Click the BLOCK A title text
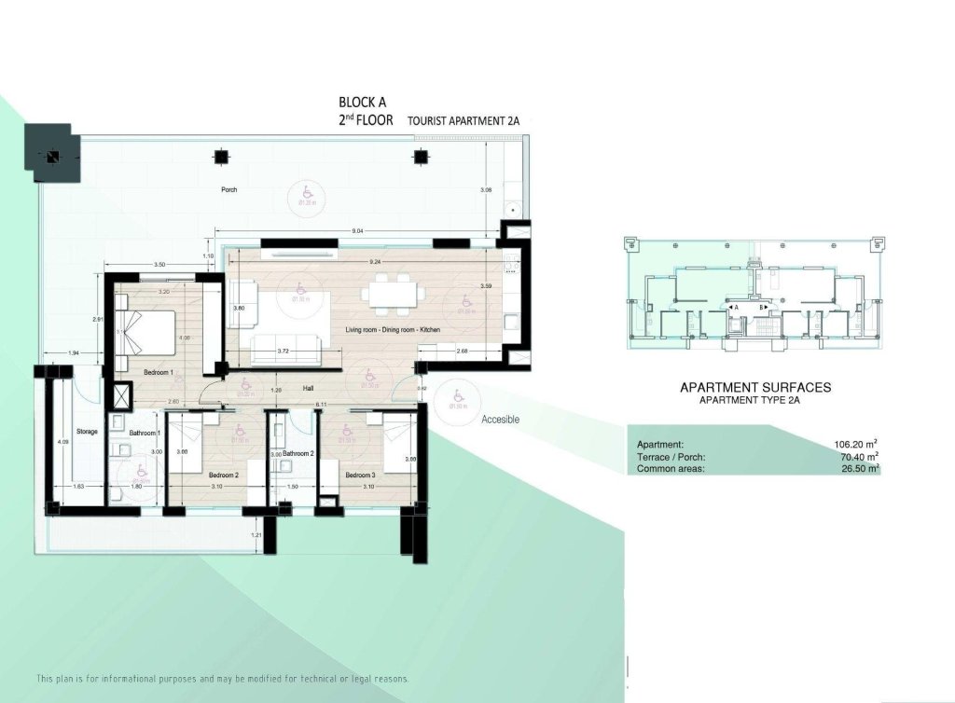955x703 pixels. pos(362,103)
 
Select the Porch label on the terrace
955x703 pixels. pos(228,189)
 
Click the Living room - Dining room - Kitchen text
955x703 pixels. pos(392,330)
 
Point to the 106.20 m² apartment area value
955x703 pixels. pos(857,445)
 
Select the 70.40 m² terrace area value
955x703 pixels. pos(859,457)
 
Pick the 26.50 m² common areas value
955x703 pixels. pos(859,469)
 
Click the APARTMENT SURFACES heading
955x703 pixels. pos(755,387)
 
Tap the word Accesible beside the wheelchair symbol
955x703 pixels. pos(500,420)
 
